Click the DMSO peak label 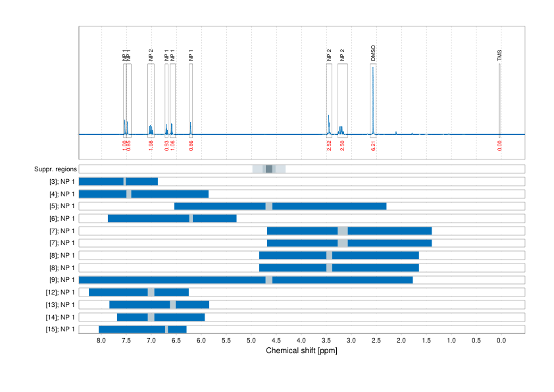tap(373, 53)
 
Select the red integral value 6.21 tap(373, 146)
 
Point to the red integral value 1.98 tap(151, 146)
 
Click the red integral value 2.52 tap(329, 146)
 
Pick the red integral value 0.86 tap(191, 146)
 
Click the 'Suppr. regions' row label tap(55, 169)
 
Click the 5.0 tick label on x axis tap(251, 341)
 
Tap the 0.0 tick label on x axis tap(501, 341)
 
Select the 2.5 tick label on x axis tap(376, 341)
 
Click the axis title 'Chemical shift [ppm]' tap(301, 351)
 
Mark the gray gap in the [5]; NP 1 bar tap(269, 206)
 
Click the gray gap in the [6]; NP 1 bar tap(191, 218)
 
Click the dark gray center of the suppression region tap(269, 169)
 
